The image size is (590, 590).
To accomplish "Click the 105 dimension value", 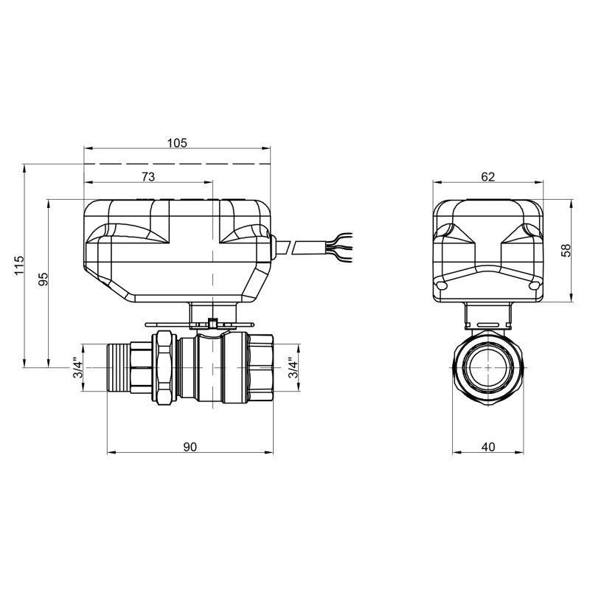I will (x=177, y=142).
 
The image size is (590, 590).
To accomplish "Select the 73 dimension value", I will (x=148, y=176).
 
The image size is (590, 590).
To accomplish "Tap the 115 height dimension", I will (x=19, y=265).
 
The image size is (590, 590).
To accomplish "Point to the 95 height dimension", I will (x=43, y=280).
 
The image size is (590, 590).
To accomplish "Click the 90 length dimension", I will (x=190, y=447).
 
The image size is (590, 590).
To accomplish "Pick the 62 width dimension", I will (x=487, y=176).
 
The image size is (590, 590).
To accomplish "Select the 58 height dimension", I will (x=566, y=250).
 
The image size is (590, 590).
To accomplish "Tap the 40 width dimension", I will (x=487, y=447).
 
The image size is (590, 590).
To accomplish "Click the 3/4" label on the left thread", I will (x=77, y=368).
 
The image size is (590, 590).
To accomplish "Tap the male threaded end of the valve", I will (x=119, y=368).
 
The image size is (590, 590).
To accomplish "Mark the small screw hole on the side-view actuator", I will (x=442, y=285).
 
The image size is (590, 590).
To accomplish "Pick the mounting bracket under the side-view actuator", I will (x=487, y=314).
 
